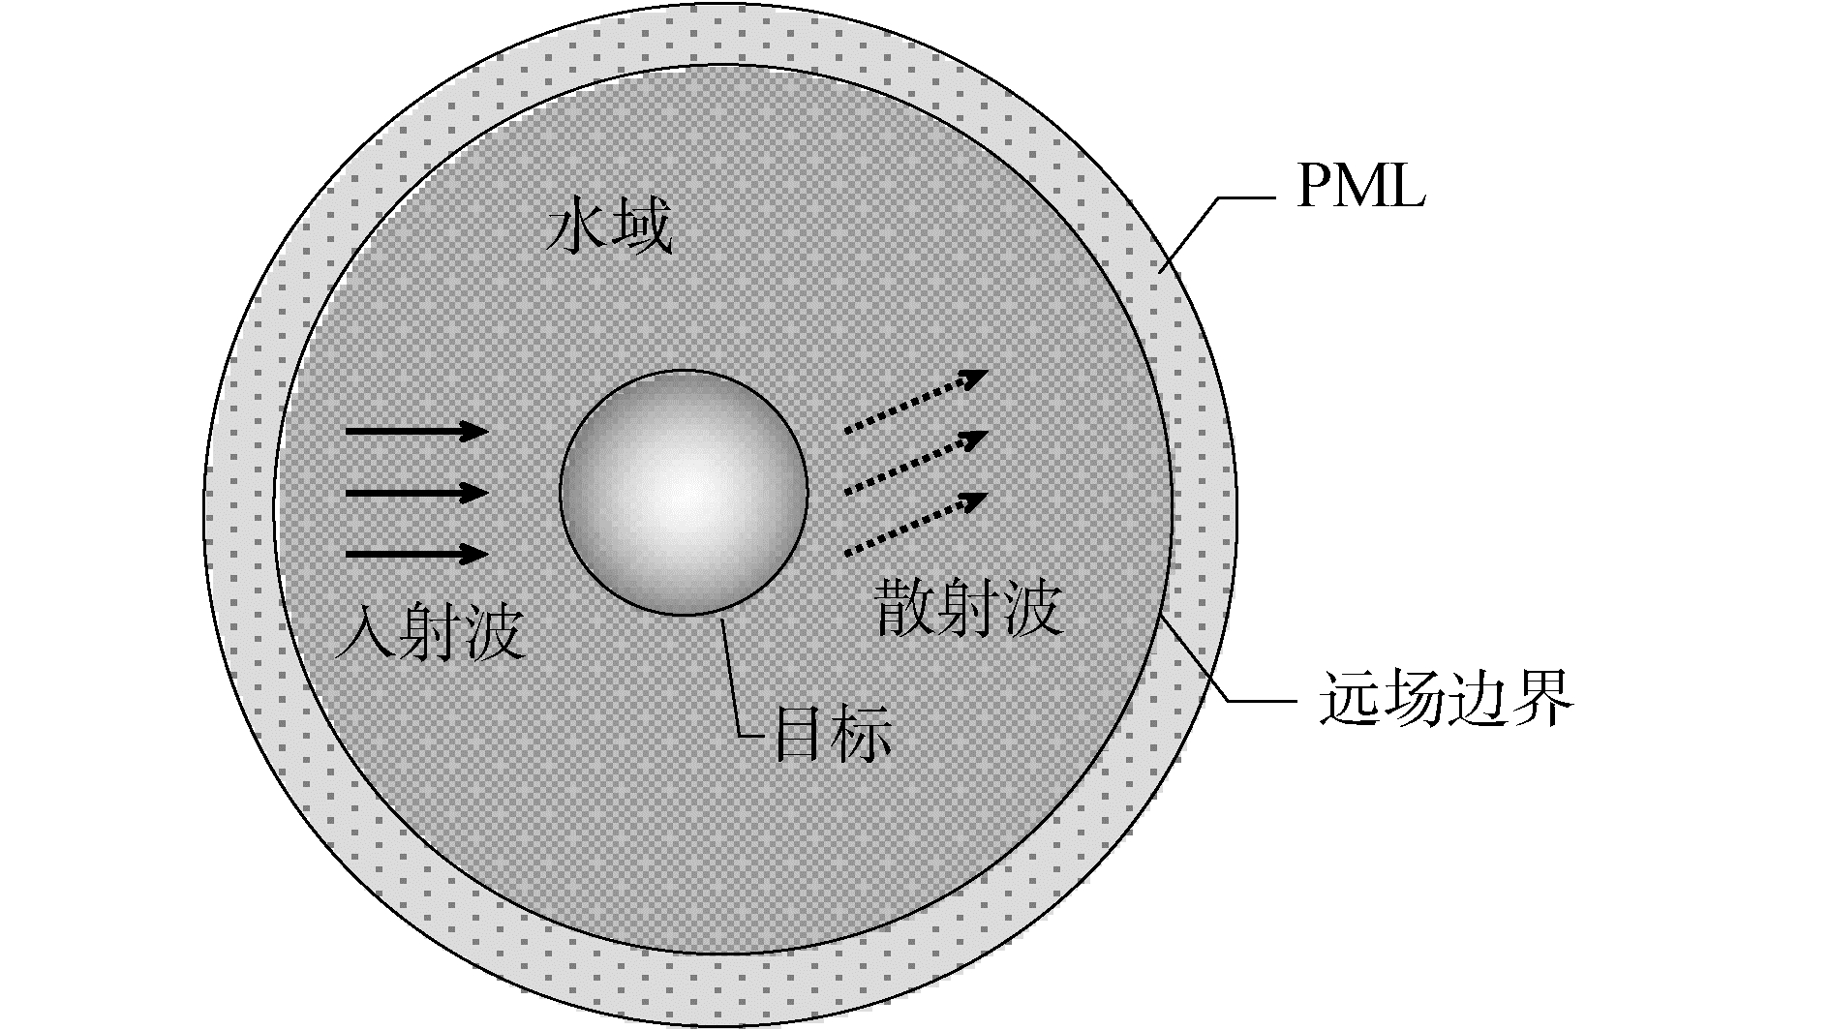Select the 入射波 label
click(430, 633)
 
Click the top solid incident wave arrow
click(416, 431)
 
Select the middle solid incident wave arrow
click(416, 494)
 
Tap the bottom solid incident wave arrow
click(416, 555)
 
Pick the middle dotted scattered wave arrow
click(915, 463)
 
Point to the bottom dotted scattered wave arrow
click(915, 524)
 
